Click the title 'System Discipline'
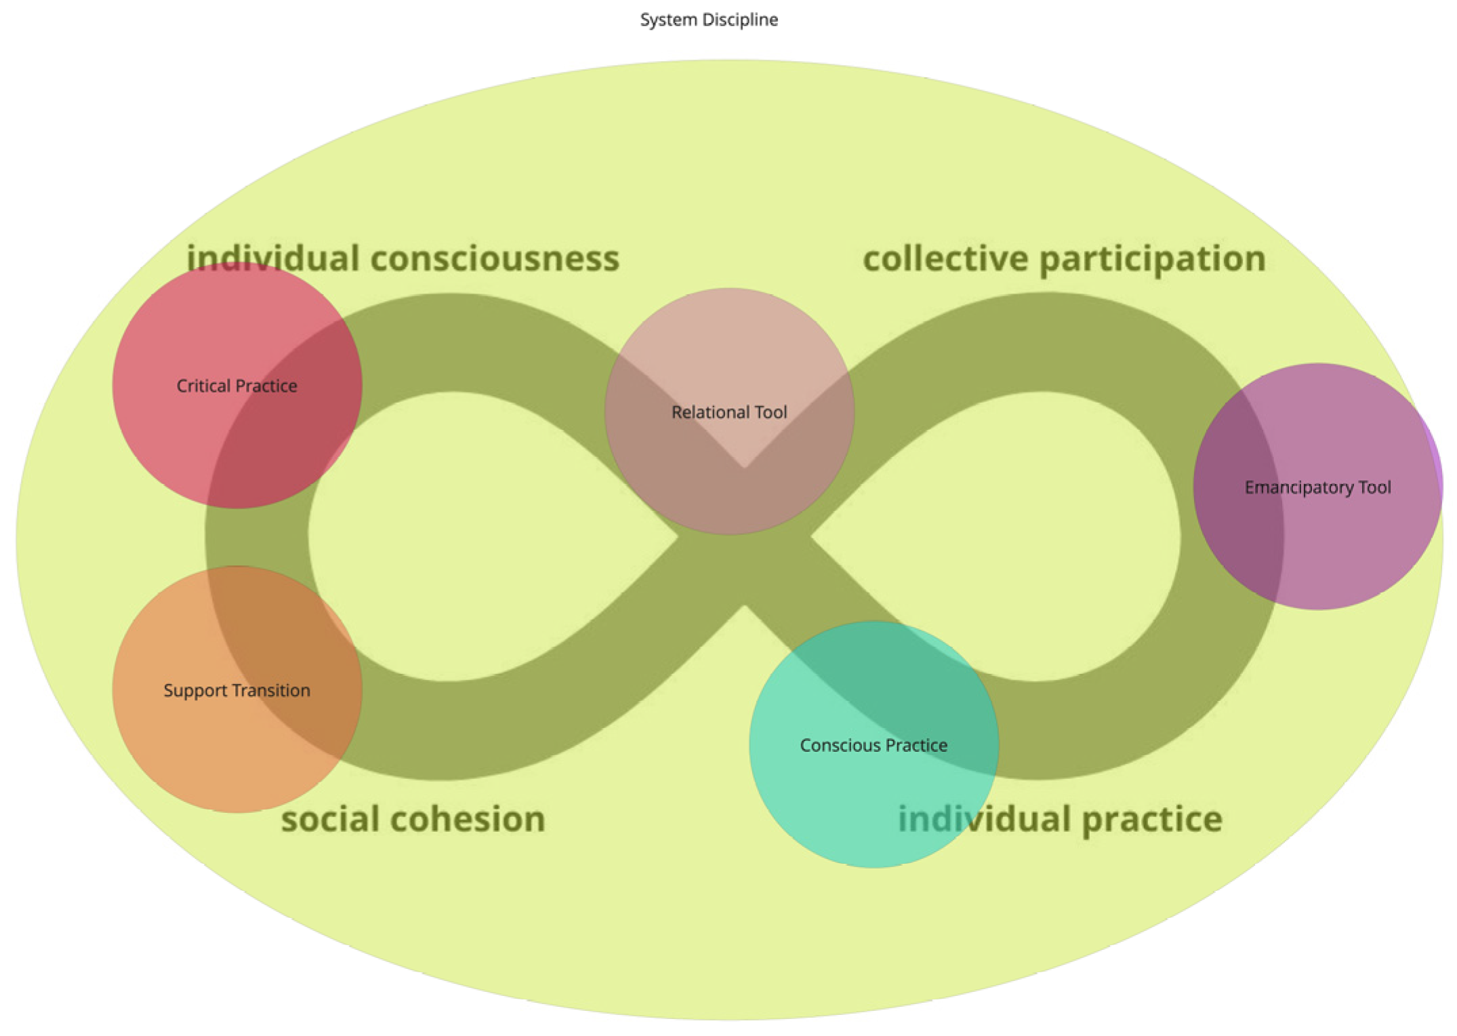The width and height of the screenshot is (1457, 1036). click(x=709, y=20)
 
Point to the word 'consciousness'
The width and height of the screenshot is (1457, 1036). click(x=495, y=258)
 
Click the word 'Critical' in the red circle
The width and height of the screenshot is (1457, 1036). click(x=201, y=386)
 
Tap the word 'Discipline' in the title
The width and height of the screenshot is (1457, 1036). click(x=740, y=20)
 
